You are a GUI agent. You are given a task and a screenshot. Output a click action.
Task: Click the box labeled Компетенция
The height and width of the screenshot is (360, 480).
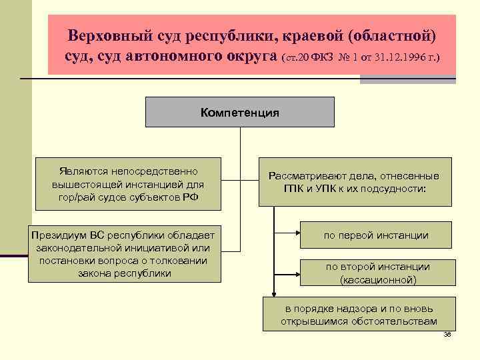click(x=240, y=111)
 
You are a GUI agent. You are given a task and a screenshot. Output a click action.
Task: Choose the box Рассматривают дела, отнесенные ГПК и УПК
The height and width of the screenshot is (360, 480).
click(x=354, y=182)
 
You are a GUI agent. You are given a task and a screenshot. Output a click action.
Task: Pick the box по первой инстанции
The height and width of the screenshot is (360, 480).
click(x=376, y=235)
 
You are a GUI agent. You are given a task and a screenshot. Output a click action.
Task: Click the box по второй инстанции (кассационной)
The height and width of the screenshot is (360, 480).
click(x=377, y=273)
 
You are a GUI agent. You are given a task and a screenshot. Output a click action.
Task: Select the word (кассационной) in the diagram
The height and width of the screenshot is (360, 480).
click(x=377, y=280)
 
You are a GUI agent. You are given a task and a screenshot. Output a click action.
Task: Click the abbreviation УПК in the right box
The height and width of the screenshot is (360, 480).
click(x=352, y=189)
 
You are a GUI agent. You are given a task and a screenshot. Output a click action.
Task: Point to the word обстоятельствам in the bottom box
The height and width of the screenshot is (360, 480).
click(x=395, y=322)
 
